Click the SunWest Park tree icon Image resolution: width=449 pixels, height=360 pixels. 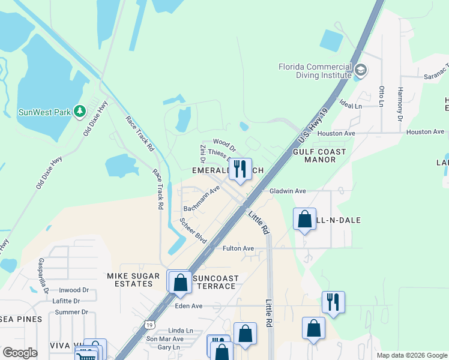79,111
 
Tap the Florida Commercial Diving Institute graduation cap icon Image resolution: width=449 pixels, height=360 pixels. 361,70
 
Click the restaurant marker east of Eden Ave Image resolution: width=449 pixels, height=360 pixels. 333,302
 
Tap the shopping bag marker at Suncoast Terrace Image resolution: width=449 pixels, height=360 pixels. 180,281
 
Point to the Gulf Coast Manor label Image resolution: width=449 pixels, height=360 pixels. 319,156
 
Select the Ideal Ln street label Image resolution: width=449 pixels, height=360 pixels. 351,105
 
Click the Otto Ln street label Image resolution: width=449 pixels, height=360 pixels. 381,96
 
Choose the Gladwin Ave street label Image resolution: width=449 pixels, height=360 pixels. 288,191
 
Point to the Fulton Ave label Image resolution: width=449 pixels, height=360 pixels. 238,248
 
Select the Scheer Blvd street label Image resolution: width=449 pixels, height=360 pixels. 193,230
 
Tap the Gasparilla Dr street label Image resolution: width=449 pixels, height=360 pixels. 44,275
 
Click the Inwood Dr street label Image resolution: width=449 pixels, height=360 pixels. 74,290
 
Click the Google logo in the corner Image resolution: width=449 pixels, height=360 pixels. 20,352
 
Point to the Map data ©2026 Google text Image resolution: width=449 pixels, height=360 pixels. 411,355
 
